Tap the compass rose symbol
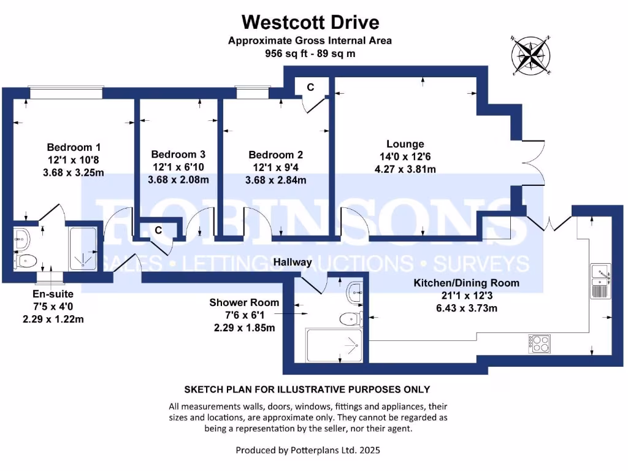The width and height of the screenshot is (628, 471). [x=531, y=55]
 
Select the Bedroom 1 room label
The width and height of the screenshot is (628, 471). [x=74, y=148]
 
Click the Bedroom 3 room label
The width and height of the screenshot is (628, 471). [x=178, y=155]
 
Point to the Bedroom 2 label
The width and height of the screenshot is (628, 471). [x=275, y=155]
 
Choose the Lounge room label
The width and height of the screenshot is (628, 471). [x=405, y=144]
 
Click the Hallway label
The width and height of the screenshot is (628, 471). [x=293, y=262]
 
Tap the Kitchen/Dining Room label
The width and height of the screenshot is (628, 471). [x=466, y=283]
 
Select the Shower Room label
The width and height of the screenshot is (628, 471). [x=244, y=303]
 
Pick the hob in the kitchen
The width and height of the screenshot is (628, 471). [x=538, y=343]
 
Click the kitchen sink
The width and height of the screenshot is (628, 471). [x=599, y=280]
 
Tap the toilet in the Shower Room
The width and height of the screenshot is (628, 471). [x=349, y=318]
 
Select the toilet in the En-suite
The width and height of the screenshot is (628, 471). [x=27, y=261]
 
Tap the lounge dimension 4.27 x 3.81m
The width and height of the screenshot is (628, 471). [x=405, y=169]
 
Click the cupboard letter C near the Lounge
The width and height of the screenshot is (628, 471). [x=310, y=87]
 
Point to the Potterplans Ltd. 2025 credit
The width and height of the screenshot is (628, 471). [x=308, y=450]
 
